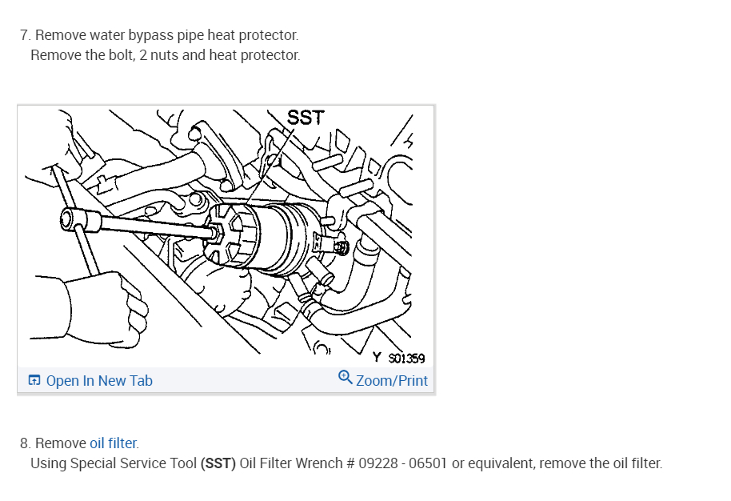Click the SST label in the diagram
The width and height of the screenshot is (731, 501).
tap(306, 118)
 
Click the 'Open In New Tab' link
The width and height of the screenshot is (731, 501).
tap(98, 381)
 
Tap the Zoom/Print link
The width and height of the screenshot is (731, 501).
tap(391, 381)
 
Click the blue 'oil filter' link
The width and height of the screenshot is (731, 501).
tap(114, 443)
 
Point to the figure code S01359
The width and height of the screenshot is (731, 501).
tap(406, 359)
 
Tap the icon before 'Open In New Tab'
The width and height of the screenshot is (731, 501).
tap(34, 381)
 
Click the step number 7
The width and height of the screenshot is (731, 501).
tap(25, 35)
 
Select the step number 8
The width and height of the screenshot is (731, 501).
tap(25, 443)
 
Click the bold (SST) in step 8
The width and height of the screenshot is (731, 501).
tap(218, 463)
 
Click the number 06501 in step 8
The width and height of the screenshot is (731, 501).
tap(429, 463)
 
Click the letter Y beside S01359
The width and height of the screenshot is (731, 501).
tap(376, 359)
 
